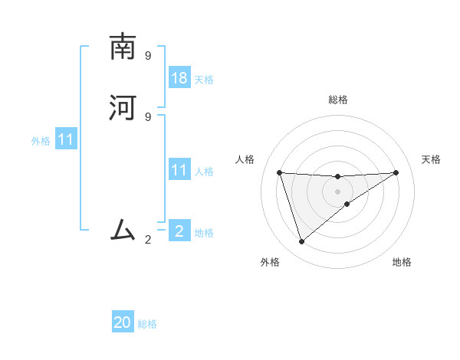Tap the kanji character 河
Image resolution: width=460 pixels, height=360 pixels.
[123, 109]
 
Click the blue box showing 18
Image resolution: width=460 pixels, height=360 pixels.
[179, 78]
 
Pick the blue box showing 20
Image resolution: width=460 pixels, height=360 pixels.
[123, 322]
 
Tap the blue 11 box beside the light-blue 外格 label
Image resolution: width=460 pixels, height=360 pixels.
[66, 140]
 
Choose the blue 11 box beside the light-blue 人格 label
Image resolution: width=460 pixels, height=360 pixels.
[179, 170]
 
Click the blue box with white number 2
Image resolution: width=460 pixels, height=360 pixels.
[179, 231]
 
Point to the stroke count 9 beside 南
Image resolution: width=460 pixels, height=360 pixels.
[148, 56]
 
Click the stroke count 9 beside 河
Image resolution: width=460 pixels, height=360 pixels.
[148, 116]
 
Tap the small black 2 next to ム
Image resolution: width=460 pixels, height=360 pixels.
[148, 240]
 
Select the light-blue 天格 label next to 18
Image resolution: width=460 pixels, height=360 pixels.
[204, 80]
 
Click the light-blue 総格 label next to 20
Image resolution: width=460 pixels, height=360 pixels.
[147, 324]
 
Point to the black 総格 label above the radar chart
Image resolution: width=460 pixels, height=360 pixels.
[337, 100]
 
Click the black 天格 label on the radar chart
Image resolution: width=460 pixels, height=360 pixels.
[431, 159]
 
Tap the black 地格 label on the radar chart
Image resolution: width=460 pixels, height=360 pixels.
[402, 262]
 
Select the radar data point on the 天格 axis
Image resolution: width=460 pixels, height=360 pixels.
[396, 172]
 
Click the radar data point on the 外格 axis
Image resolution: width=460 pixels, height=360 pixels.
[301, 242]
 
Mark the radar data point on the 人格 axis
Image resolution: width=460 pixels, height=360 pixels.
[279, 172]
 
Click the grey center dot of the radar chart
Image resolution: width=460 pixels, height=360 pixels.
[337, 191]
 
